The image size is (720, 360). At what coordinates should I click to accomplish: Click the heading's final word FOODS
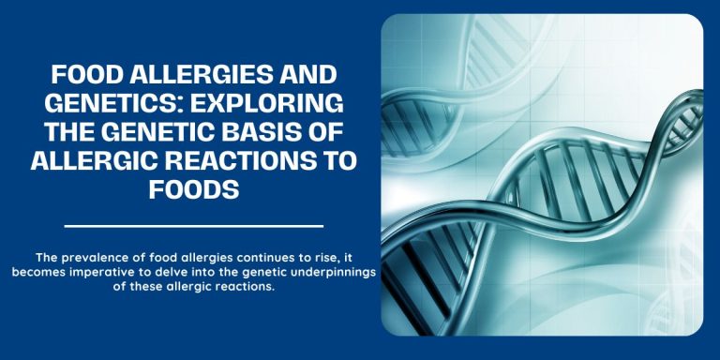(194, 188)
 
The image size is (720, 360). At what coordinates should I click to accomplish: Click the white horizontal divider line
(194, 226)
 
